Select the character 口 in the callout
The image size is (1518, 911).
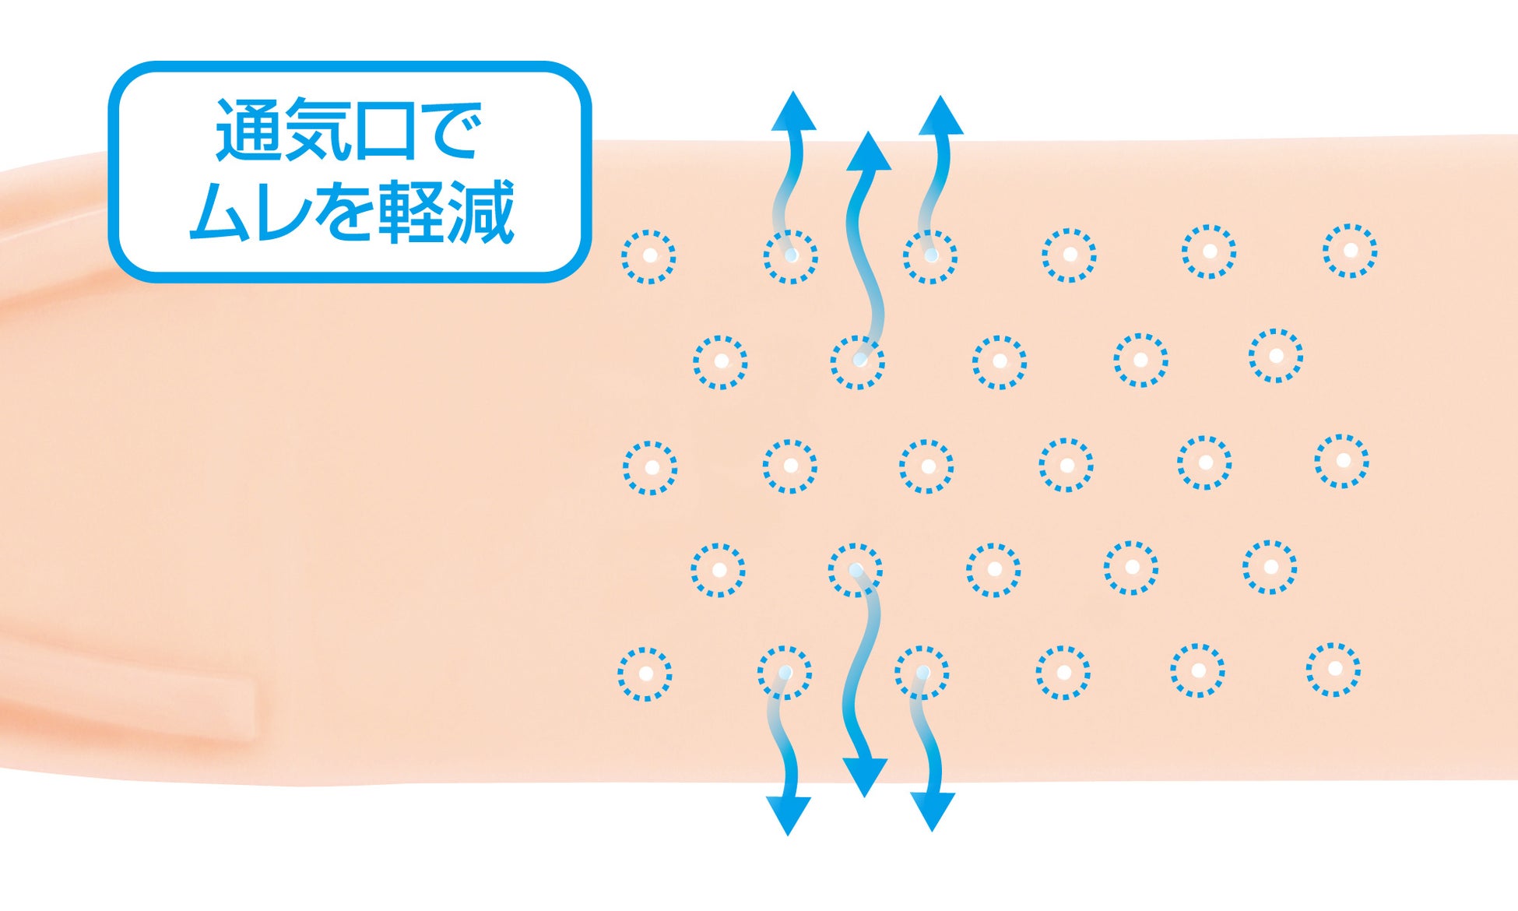pyautogui.click(x=384, y=131)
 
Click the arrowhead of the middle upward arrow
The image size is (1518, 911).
pyautogui.click(x=869, y=153)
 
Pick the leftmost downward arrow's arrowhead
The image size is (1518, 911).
pyautogui.click(x=788, y=814)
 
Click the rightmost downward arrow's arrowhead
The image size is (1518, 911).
pyautogui.click(x=932, y=811)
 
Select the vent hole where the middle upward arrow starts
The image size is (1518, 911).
pyautogui.click(x=858, y=362)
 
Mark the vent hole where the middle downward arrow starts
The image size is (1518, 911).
pyautogui.click(x=856, y=570)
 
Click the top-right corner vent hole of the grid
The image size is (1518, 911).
pyautogui.click(x=1350, y=251)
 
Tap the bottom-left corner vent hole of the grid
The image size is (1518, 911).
pyautogui.click(x=645, y=674)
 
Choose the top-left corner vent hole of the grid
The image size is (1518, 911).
pyautogui.click(x=648, y=256)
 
